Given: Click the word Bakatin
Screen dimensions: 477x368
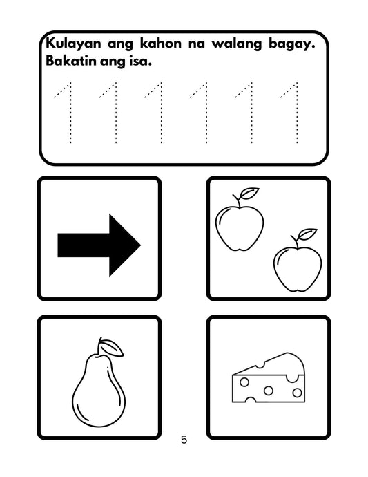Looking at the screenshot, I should click(71, 62).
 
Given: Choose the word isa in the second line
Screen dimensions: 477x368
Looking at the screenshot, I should click(140, 62).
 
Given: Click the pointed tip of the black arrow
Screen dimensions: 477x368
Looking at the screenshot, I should click(139, 245).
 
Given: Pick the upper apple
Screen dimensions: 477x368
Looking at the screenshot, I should click(240, 225).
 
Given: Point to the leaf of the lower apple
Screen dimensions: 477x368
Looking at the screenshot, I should click(309, 233).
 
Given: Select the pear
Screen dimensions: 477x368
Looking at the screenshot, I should click(97, 391).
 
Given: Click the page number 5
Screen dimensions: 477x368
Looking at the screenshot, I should click(184, 440).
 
